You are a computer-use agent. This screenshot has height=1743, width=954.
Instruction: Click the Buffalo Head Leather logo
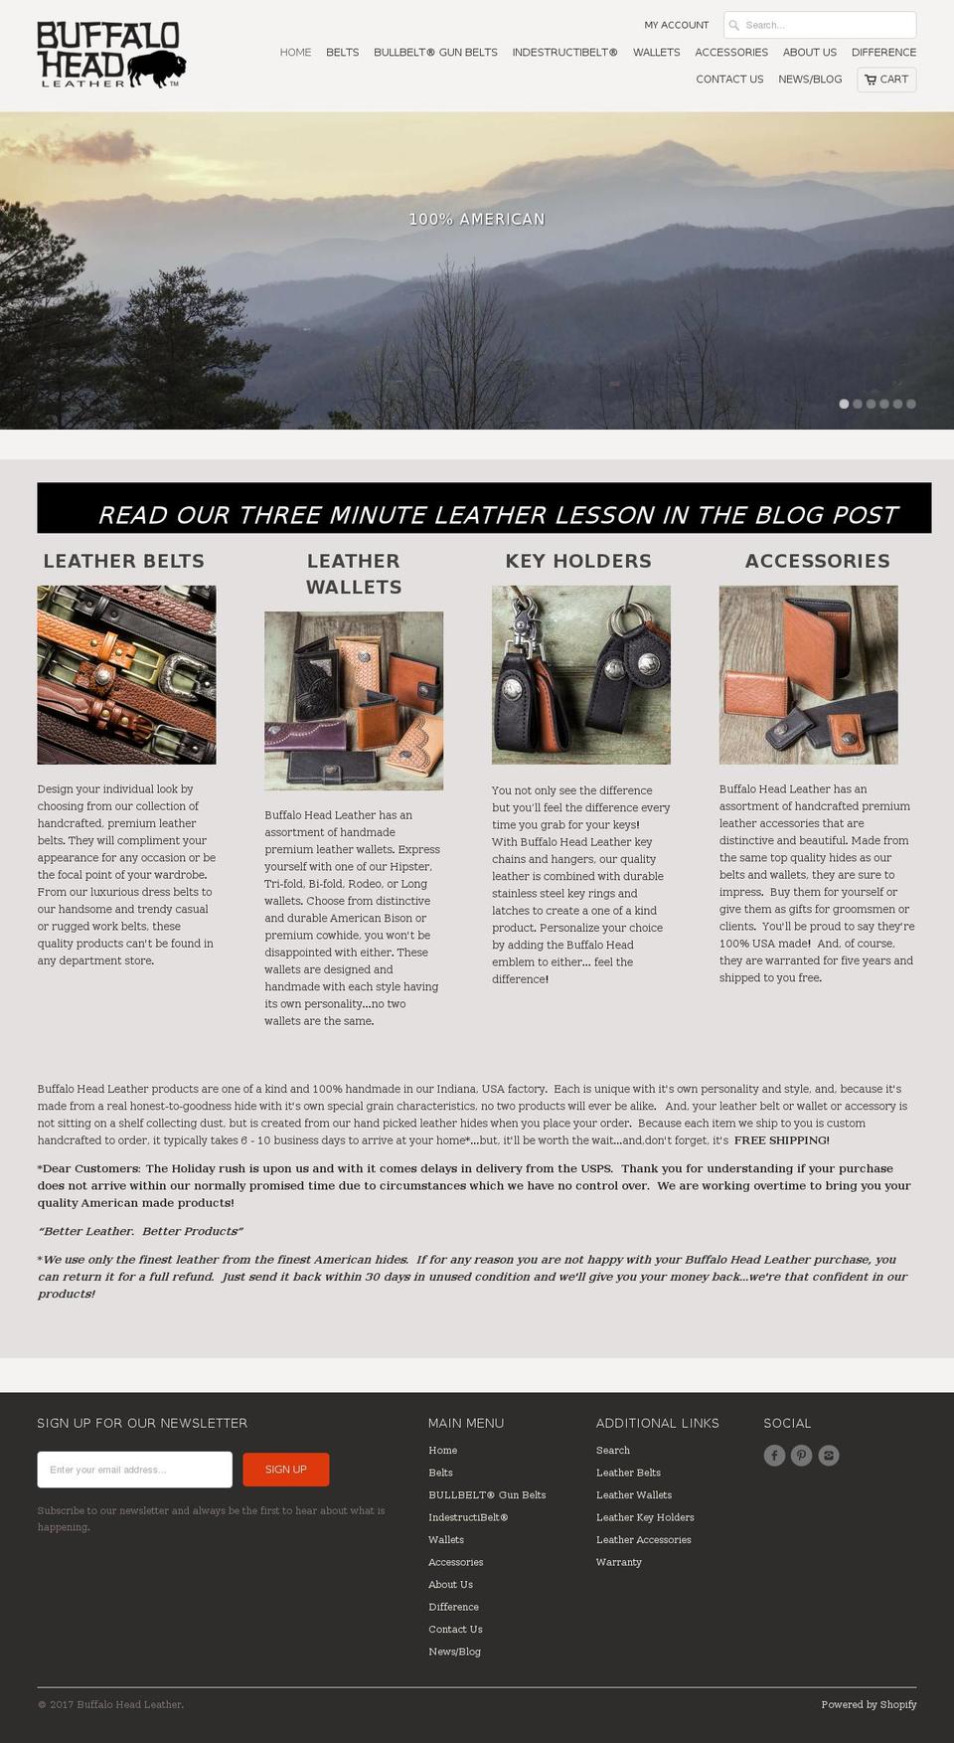tap(111, 55)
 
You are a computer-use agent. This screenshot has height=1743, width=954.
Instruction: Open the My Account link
tap(676, 25)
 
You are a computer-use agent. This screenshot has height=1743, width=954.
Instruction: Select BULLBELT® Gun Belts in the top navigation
tap(435, 52)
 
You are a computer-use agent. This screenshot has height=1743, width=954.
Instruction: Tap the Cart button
tap(886, 80)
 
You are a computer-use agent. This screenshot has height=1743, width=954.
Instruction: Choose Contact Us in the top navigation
tap(729, 80)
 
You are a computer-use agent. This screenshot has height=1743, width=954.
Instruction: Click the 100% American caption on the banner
tap(477, 219)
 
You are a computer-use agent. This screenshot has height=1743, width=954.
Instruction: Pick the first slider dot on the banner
tap(844, 404)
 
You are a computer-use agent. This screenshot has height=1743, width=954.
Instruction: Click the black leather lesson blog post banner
tap(484, 508)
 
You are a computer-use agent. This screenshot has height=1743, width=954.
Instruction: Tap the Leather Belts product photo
tap(126, 674)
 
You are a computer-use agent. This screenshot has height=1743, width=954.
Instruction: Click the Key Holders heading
tap(578, 561)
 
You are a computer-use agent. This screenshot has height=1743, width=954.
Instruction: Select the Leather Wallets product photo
tap(354, 700)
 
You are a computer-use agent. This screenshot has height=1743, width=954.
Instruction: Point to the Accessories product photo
tap(808, 674)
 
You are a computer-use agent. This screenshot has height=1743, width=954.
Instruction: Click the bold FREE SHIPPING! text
tap(781, 1140)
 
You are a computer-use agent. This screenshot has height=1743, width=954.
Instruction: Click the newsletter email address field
tap(134, 1470)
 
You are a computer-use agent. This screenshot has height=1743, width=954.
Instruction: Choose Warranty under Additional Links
tap(619, 1562)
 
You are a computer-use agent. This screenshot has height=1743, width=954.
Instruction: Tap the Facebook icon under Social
tap(774, 1456)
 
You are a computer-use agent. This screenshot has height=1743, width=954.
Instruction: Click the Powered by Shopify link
tap(869, 1704)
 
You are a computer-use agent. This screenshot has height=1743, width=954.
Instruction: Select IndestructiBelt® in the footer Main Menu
tap(468, 1517)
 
